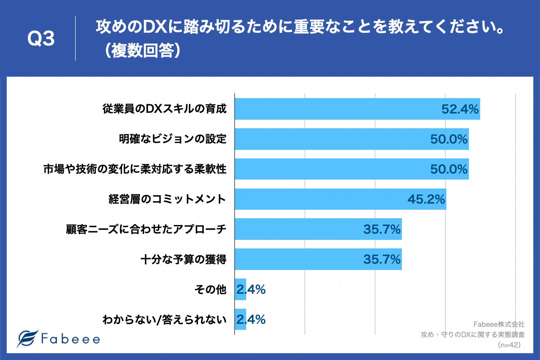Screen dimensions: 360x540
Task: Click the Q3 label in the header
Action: click(41, 40)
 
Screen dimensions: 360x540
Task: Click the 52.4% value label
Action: click(459, 109)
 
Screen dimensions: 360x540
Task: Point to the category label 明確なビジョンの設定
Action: click(172, 139)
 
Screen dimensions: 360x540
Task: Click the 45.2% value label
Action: click(426, 199)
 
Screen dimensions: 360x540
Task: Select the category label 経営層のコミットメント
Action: click(167, 199)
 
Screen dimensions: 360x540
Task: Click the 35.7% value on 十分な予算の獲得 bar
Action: click(382, 260)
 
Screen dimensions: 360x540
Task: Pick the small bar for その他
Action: click(240, 290)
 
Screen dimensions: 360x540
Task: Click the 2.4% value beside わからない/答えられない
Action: click(251, 320)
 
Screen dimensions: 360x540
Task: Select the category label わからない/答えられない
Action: click(164, 320)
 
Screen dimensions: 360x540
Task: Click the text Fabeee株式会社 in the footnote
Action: click(499, 324)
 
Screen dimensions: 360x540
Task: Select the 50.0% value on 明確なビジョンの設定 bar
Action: click(448, 139)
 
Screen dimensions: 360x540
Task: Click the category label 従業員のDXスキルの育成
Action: click(164, 109)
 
